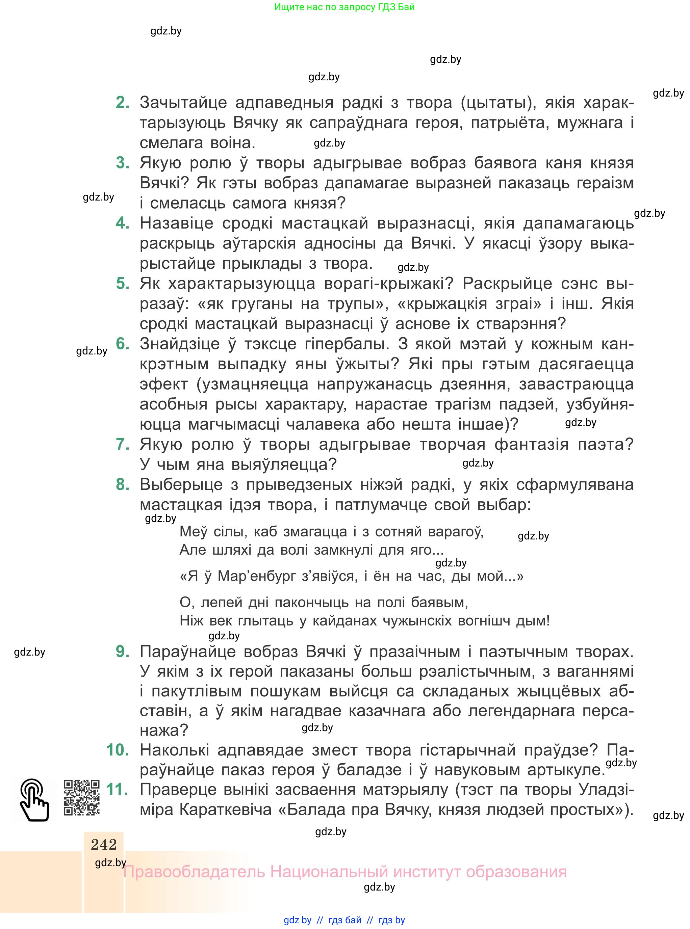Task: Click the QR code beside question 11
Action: pyautogui.click(x=81, y=798)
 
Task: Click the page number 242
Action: pyautogui.click(x=104, y=845)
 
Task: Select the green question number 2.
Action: pyautogui.click(x=122, y=102)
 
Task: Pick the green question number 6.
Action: pyautogui.click(x=122, y=344)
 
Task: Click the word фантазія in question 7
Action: pyautogui.click(x=531, y=444)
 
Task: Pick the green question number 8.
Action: pyautogui.click(x=122, y=485)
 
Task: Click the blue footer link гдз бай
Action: pyautogui.click(x=344, y=920)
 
